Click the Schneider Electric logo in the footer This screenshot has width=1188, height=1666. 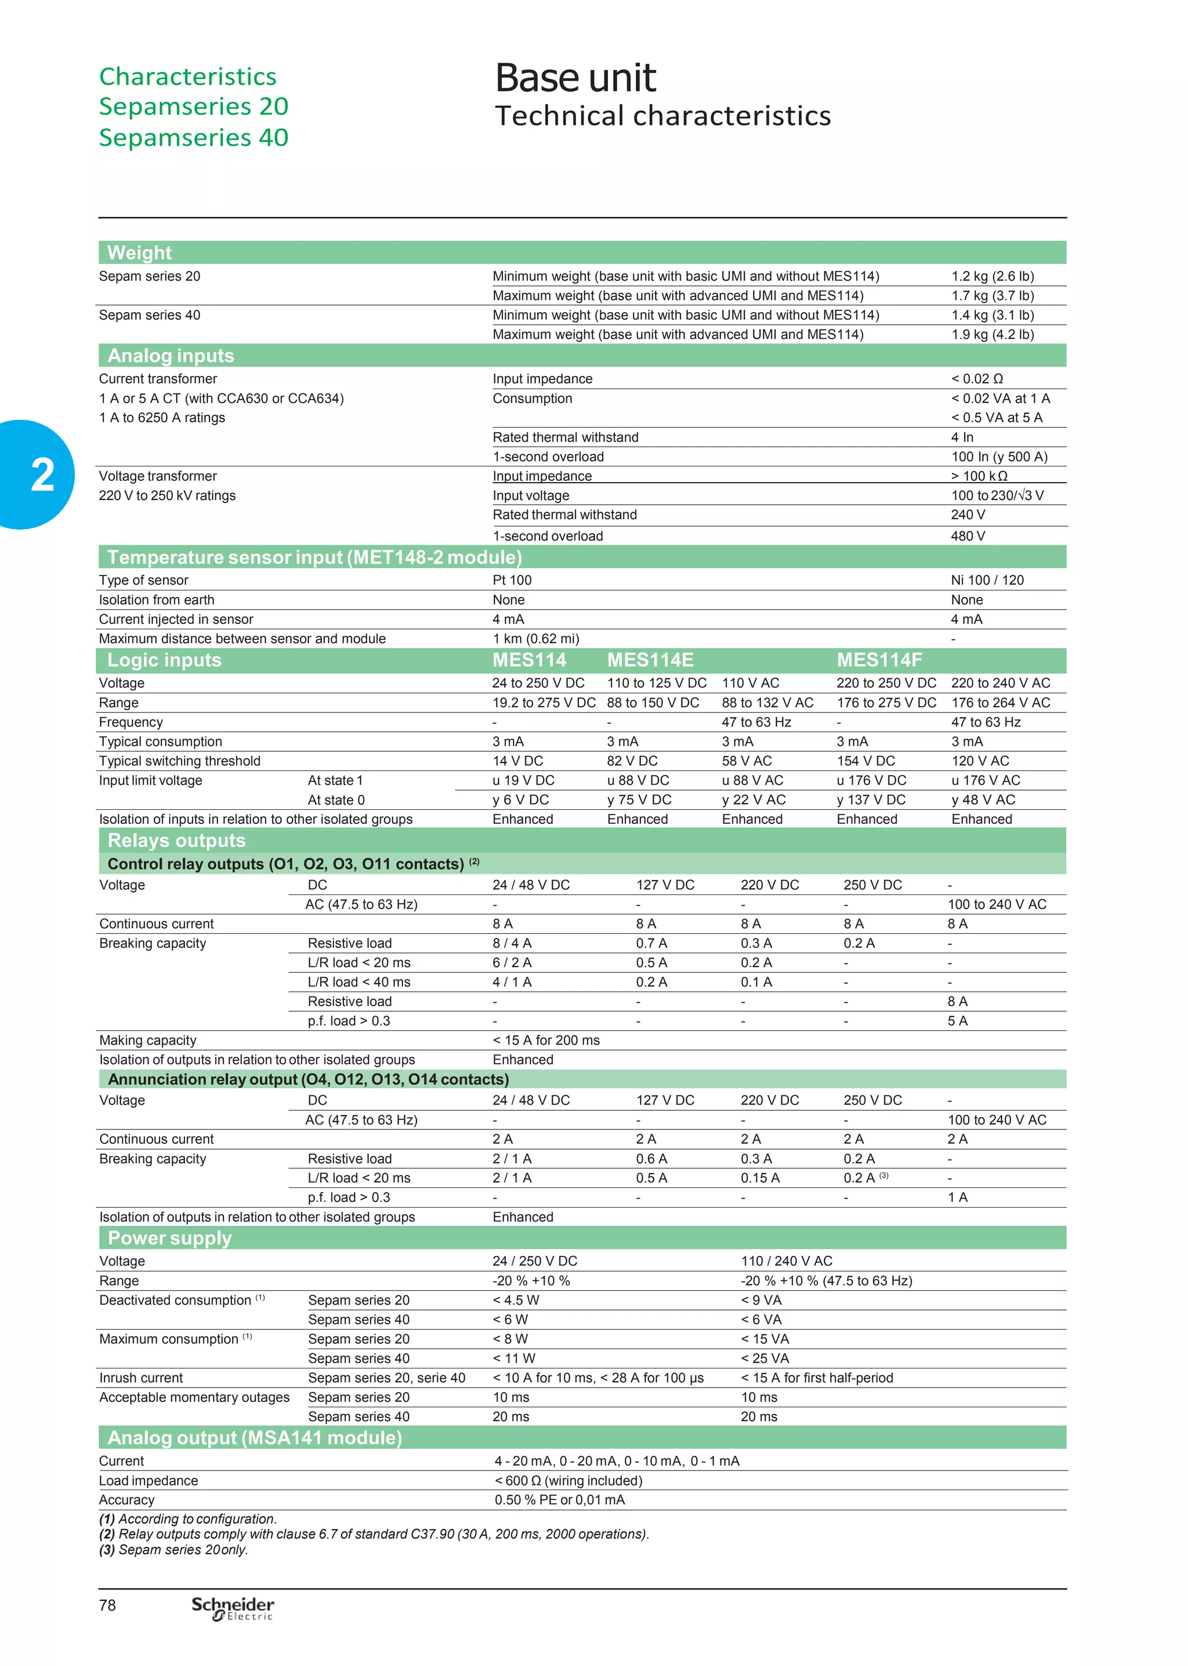point(233,1607)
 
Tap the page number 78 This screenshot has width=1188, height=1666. point(107,1605)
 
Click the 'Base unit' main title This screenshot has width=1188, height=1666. point(575,78)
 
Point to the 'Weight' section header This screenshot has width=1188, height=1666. point(140,252)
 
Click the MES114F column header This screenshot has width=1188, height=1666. point(879,660)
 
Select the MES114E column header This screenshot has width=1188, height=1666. point(650,660)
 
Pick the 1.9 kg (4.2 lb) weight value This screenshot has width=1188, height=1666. point(992,334)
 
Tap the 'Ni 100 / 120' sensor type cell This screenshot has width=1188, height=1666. point(987,580)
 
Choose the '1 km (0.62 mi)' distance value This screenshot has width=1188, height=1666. point(535,639)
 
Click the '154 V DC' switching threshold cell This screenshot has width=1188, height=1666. point(866,760)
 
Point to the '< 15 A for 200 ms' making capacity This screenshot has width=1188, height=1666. point(546,1040)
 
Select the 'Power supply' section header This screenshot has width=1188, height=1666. point(170,1238)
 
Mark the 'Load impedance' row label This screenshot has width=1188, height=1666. point(148,1480)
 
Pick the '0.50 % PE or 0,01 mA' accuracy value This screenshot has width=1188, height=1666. point(560,1500)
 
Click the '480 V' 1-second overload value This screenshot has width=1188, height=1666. point(968,536)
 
